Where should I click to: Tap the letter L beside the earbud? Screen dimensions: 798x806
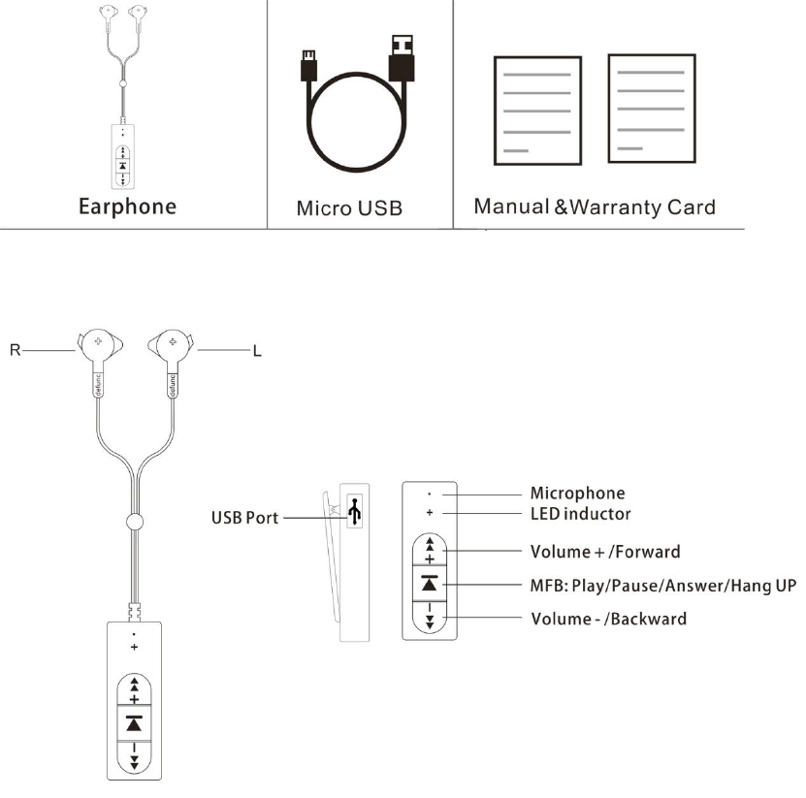point(256,351)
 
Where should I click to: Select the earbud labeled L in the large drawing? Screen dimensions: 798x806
point(172,346)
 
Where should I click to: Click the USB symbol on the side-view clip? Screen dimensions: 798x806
point(355,512)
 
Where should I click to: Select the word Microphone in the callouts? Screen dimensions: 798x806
point(577,494)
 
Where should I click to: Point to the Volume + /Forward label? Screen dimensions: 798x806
point(605,552)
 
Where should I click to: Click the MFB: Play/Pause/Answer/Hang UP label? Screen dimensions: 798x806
point(662,586)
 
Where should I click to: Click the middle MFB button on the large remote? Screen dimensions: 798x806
point(134,722)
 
